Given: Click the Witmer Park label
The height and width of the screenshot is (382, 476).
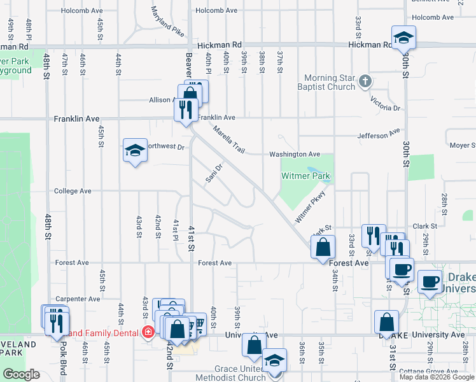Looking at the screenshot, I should (x=302, y=176).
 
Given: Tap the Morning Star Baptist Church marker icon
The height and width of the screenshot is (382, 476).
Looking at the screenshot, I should (x=365, y=81).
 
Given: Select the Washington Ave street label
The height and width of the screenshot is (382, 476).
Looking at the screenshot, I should (x=294, y=154).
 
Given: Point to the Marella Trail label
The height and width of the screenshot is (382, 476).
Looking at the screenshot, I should (x=229, y=138).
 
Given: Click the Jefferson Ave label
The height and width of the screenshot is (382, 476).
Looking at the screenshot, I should (x=379, y=134).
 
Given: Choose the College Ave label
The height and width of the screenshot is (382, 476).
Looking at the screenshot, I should (x=73, y=191).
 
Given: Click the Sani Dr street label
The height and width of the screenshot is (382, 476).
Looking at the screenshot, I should (x=214, y=173).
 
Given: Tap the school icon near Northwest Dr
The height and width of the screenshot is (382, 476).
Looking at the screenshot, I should (x=135, y=150).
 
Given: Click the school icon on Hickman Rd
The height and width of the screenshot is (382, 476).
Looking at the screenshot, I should (x=403, y=38).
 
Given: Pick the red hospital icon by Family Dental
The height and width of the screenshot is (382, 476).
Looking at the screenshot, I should (x=148, y=332).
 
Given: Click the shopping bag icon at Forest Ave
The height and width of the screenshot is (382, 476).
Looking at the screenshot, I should (x=324, y=246).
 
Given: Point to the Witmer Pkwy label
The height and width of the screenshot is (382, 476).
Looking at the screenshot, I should (x=310, y=207).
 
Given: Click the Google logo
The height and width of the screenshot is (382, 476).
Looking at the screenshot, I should (x=21, y=374).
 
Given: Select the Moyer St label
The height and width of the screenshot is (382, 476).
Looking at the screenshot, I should (x=463, y=145).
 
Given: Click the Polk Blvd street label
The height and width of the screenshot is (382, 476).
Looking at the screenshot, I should (x=64, y=349).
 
